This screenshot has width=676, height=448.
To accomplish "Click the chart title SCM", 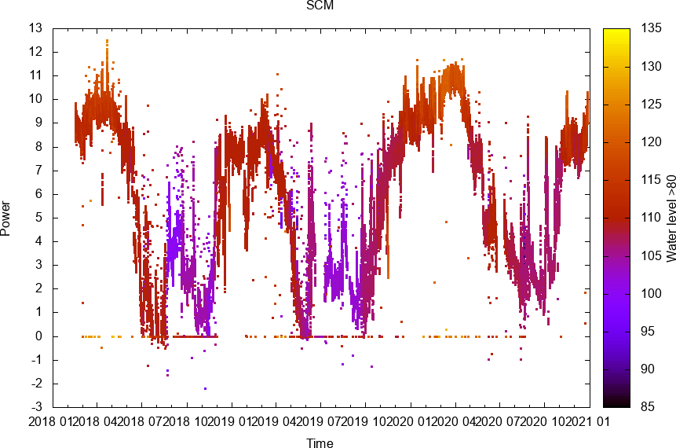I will (320, 6).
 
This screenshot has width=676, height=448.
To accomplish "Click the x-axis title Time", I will (320, 443).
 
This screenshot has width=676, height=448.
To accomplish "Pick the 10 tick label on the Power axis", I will (36, 99).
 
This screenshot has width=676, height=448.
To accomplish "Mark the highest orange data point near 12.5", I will (108, 40).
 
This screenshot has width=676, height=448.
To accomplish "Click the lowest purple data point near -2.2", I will (206, 388).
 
